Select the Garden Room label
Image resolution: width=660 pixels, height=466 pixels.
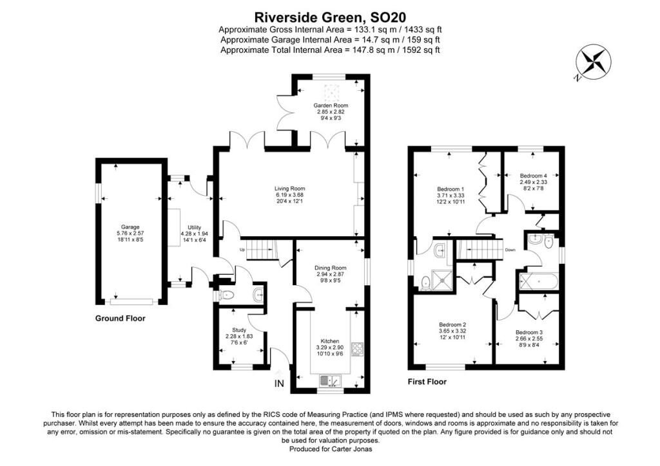point(331,105)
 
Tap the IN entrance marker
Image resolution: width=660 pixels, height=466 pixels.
point(279,384)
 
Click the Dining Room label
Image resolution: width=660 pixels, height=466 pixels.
point(330,268)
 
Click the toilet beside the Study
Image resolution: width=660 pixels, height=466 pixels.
point(226,295)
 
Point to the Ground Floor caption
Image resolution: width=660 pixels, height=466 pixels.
point(120,319)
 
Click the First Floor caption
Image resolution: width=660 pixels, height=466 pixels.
point(427,382)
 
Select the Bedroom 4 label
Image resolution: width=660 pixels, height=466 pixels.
point(533,175)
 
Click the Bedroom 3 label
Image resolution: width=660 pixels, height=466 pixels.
point(529,332)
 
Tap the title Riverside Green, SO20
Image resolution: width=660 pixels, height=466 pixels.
point(330,16)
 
